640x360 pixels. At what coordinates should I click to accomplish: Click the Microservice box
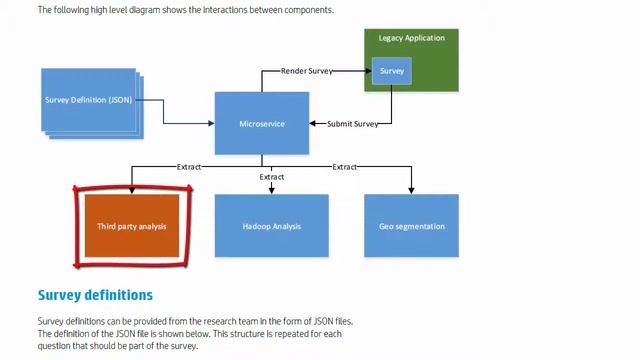tap(262, 123)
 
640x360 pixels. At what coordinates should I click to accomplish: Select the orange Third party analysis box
tap(131, 226)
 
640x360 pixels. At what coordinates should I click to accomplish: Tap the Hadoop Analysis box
tap(271, 226)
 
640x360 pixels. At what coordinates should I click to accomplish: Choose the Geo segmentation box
tap(411, 226)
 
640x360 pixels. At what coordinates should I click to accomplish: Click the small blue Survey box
tap(391, 71)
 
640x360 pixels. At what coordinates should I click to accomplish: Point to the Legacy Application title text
tap(411, 38)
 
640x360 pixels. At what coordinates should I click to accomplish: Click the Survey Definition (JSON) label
tap(88, 100)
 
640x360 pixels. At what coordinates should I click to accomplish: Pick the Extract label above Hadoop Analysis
tap(271, 177)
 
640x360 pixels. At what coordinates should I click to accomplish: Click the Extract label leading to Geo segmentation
tap(345, 166)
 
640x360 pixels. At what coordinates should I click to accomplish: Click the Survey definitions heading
tap(95, 295)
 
